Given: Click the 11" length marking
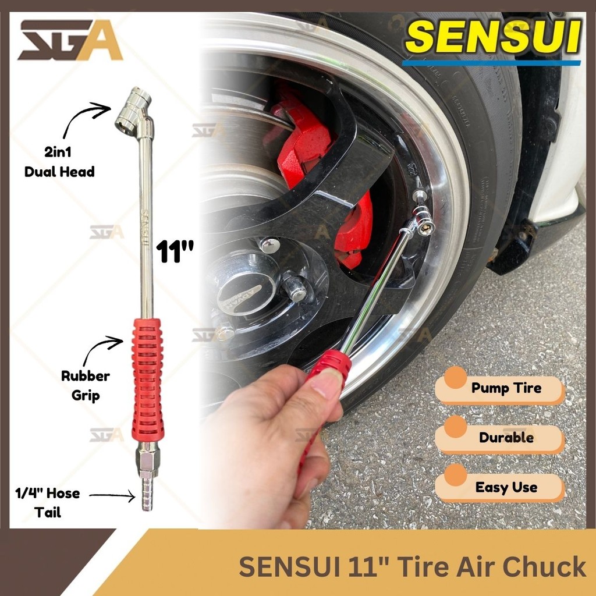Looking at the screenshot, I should pyautogui.click(x=175, y=253).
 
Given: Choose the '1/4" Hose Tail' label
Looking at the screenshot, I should pyautogui.click(x=47, y=503).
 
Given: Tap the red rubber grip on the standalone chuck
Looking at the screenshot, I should pyautogui.click(x=147, y=378).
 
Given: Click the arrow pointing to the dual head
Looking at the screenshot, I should pyautogui.click(x=84, y=119).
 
